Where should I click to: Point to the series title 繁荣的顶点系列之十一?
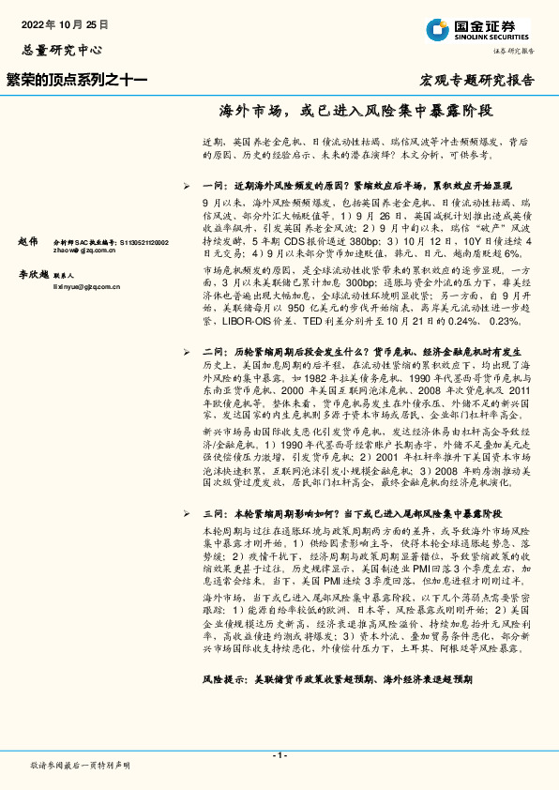click(x=77, y=81)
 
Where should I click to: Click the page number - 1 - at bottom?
click(x=279, y=755)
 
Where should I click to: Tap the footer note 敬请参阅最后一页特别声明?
click(x=81, y=766)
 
